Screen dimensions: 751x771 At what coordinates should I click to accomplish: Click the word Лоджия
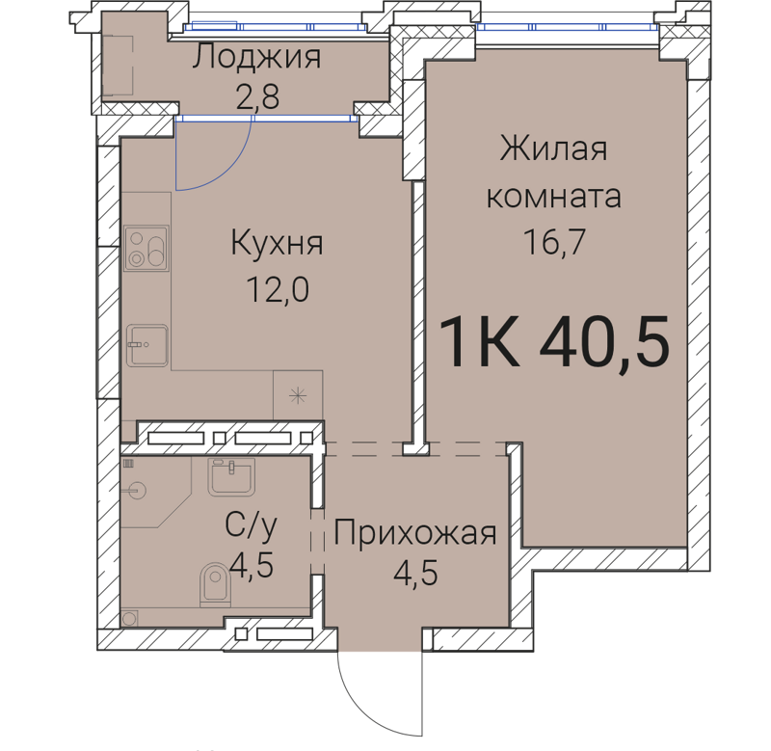click(x=256, y=59)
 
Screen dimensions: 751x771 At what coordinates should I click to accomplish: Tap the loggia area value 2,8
click(x=256, y=97)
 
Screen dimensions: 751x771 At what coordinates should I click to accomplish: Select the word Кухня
click(x=277, y=244)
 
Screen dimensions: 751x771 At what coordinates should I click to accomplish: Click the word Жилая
click(x=553, y=150)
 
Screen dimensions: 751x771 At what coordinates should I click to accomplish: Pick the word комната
click(x=553, y=197)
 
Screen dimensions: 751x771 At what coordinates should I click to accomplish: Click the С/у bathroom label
click(x=251, y=526)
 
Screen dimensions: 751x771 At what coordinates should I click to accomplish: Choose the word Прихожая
click(x=415, y=532)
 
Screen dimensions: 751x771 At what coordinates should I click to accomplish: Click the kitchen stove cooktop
click(x=146, y=248)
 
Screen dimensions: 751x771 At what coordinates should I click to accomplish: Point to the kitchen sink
click(x=147, y=345)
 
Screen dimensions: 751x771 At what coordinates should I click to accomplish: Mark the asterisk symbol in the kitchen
click(x=298, y=394)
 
